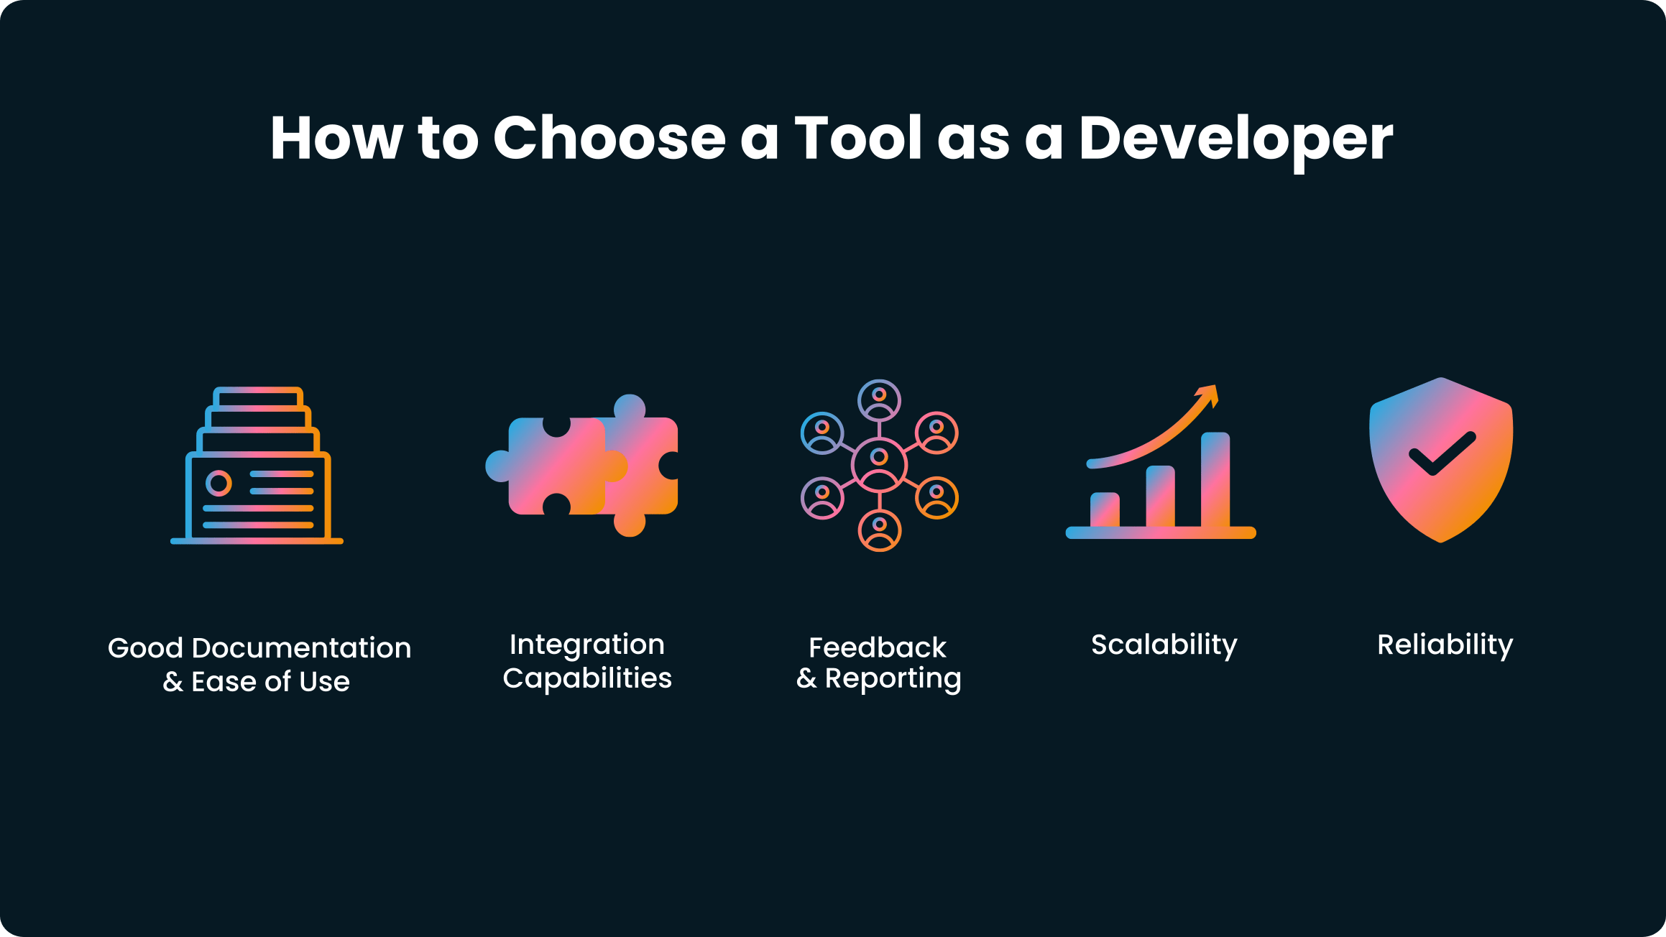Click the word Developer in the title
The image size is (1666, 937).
[1235, 138]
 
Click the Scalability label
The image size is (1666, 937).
[1164, 645]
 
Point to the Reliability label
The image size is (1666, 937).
[1445, 645]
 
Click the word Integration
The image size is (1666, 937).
[587, 645]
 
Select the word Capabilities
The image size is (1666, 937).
[587, 678]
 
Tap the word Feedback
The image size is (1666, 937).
[878, 647]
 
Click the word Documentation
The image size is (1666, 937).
[302, 648]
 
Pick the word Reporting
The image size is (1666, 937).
[893, 679]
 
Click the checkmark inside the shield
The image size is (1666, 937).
[1442, 453]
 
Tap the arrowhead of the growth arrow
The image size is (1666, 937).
[1207, 395]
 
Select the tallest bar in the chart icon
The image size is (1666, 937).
[1215, 479]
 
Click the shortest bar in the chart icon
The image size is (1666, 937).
[1105, 509]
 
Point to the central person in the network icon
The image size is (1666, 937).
[879, 465]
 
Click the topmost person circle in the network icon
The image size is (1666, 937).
[879, 401]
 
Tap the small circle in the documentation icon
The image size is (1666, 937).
[218, 483]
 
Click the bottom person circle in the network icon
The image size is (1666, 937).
[879, 530]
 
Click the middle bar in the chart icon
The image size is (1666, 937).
[1160, 497]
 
